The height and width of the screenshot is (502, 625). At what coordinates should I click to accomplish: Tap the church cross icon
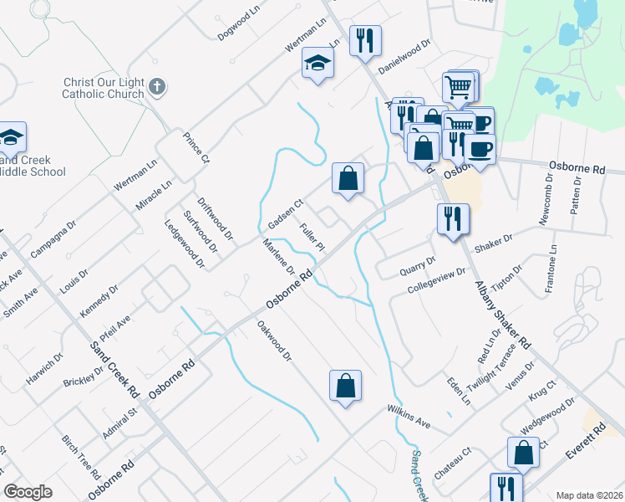156,86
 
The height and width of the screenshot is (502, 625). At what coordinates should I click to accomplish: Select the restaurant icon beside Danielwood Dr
365,42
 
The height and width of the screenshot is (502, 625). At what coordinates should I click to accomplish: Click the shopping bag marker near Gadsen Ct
348,178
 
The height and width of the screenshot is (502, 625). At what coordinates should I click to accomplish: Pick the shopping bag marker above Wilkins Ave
345,386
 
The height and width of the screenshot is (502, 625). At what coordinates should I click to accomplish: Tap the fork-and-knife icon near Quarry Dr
453,219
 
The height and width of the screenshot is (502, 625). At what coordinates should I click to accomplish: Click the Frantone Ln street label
551,269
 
